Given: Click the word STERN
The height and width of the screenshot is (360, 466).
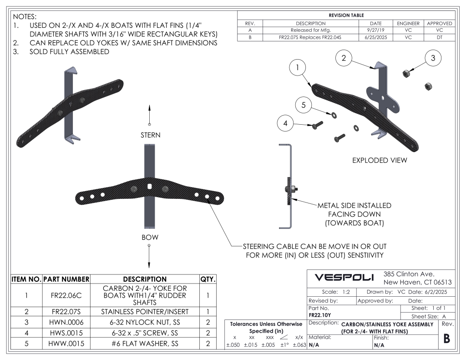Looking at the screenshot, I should click(150, 135).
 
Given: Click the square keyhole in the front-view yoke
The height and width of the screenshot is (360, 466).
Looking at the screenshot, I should click(150, 186).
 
